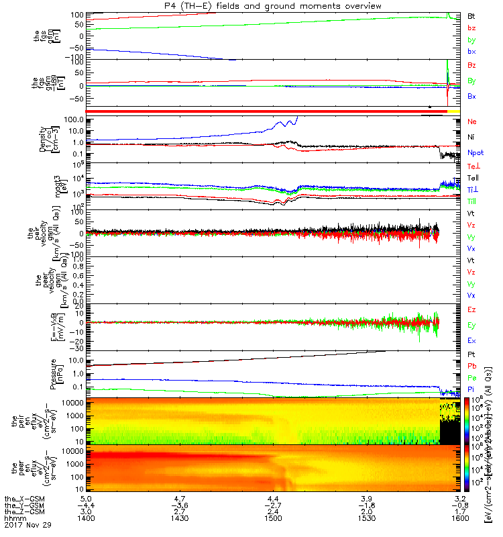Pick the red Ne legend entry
[x=472, y=122]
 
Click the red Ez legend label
[x=471, y=310]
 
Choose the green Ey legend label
[x=471, y=325]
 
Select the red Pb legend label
[x=471, y=367]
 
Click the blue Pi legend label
[x=471, y=389]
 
